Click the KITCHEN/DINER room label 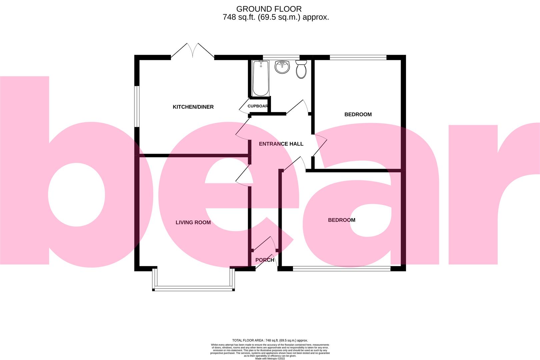pyautogui.click(x=193, y=107)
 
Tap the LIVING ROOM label pyautogui.click(x=193, y=222)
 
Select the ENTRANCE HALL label pyautogui.click(x=281, y=144)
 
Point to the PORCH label pyautogui.click(x=265, y=260)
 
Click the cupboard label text pyautogui.click(x=258, y=106)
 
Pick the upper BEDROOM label pyautogui.click(x=358, y=114)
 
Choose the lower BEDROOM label pyautogui.click(x=341, y=220)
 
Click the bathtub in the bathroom pyautogui.click(x=260, y=78)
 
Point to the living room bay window pyautogui.click(x=193, y=288)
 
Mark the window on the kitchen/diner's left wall pyautogui.click(x=137, y=107)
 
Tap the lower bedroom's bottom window pyautogui.click(x=341, y=268)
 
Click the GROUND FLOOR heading pyautogui.click(x=269, y=9)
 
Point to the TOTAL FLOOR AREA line pyautogui.click(x=270, y=340)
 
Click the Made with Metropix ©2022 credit pyautogui.click(x=270, y=358)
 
